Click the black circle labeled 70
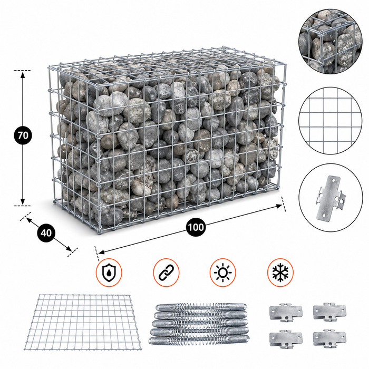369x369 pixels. coord(23,135)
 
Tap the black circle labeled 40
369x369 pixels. coord(46,233)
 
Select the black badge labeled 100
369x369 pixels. coord(196,227)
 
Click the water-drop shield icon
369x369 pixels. coord(109,273)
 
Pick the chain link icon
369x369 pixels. coord(166,273)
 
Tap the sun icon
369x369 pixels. coord(222,273)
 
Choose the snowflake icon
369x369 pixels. coord(280,273)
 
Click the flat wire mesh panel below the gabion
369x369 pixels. coord(83,322)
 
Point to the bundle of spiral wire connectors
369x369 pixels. coord(199,324)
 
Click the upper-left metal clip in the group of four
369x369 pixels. coord(286,312)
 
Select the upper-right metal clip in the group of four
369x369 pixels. coord(329,312)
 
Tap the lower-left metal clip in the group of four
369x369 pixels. coord(286,339)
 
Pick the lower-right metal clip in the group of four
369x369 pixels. coord(329,339)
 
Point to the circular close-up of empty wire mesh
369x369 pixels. coord(330,121)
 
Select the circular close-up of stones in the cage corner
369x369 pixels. coord(330,42)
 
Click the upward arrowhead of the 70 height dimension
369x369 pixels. coord(23,75)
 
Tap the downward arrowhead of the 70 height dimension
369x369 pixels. coord(23,201)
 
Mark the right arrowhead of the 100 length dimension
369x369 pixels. coord(279,207)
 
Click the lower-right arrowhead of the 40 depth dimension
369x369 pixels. coord(69,248)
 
